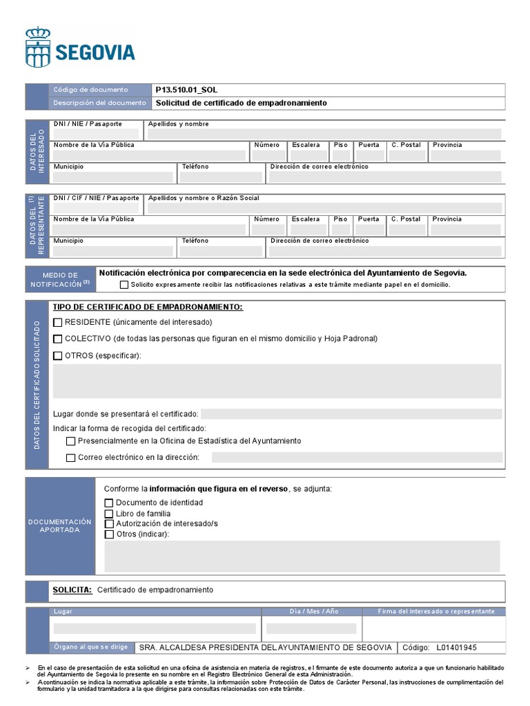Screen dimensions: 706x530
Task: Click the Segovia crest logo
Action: [37, 47]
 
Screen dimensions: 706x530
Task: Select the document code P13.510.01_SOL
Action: [186, 90]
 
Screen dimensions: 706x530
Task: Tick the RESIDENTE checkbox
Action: [58, 322]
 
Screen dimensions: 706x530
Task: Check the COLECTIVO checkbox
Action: [58, 339]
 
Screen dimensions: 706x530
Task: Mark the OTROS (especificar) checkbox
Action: [58, 355]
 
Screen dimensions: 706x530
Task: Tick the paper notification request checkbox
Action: [124, 284]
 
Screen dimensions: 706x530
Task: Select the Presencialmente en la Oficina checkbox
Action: [70, 441]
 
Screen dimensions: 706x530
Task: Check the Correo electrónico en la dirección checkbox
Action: [70, 458]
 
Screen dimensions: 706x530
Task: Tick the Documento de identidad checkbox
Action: [108, 503]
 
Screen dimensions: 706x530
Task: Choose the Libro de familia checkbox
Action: [108, 514]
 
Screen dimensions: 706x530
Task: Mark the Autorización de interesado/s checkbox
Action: [108, 524]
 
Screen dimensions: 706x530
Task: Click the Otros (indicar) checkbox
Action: [108, 534]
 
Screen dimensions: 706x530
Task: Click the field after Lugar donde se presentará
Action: [351, 414]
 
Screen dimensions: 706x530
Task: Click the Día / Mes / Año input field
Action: [311, 628]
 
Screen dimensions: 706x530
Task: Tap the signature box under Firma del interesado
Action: [433, 628]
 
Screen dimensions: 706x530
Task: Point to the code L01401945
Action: [456, 647]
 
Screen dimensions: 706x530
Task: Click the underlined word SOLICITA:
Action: [72, 590]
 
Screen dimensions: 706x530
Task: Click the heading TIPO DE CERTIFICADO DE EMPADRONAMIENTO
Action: [148, 307]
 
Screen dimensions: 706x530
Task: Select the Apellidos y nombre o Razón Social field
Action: [324, 208]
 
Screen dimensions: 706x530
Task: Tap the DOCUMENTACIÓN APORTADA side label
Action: [59, 526]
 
